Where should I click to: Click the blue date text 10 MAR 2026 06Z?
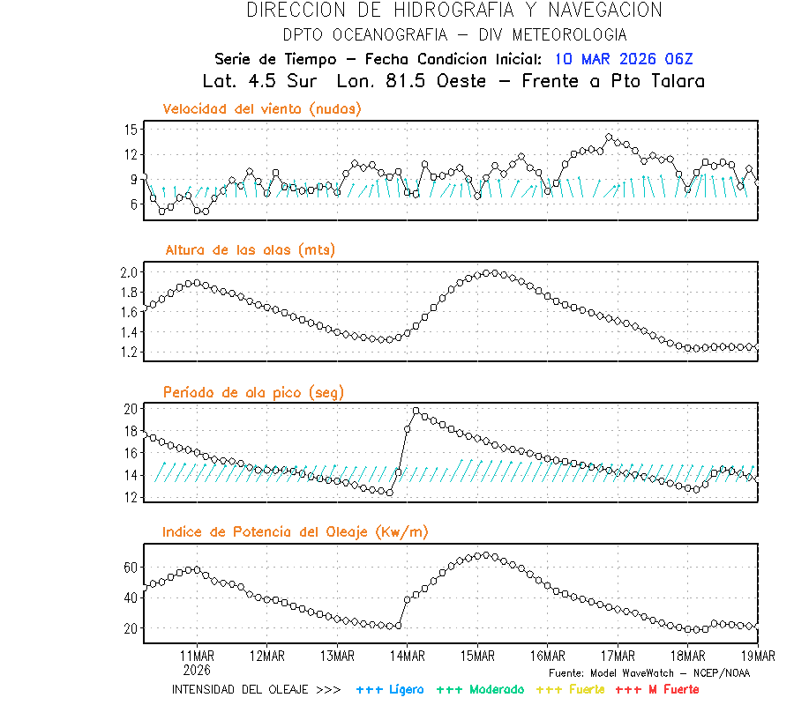624,59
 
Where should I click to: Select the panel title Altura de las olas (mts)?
251,250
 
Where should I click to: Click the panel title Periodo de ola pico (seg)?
253,392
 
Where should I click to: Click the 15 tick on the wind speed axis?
130,130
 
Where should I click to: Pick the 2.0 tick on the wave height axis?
128,271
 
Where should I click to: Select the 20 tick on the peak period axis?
130,409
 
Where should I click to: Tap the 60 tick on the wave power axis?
130,568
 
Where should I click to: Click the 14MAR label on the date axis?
407,656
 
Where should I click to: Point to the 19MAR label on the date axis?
758,656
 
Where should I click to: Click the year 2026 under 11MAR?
197,669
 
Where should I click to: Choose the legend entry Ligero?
390,689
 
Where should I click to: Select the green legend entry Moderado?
481,689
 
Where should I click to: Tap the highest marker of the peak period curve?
416,411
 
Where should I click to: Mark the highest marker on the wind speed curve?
609,137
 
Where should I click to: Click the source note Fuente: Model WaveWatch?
648,673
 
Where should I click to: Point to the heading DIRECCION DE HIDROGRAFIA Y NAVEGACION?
454,11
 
